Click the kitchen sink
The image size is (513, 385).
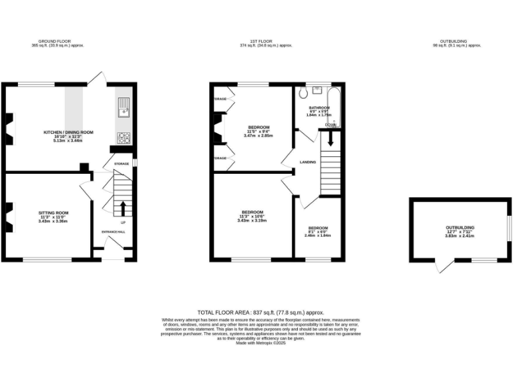pos(123,106)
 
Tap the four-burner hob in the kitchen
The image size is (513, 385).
pos(124,138)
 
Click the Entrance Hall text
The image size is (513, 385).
pos(113,232)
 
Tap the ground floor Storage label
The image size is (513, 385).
pos(121,163)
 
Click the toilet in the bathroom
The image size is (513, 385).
pos(305,92)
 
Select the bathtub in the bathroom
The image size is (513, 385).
pos(336,107)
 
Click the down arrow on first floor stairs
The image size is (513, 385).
pos(329,138)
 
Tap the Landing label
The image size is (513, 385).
pos(308,162)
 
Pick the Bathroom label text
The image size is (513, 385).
pos(319,108)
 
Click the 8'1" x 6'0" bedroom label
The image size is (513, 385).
pos(318,231)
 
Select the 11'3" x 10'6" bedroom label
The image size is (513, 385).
pos(252,216)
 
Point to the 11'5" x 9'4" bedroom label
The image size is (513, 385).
pos(259,131)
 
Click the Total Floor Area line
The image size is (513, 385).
pos(260,312)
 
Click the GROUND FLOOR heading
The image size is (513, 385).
pos(57,41)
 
